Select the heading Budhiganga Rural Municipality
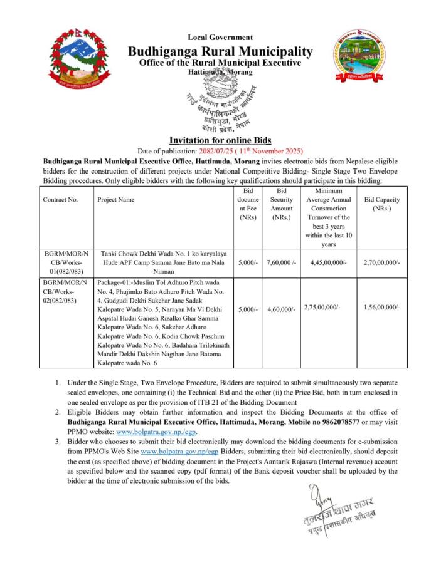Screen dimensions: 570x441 [220, 51]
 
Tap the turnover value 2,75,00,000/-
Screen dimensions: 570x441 [322, 307]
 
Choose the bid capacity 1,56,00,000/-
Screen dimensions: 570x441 [381, 307]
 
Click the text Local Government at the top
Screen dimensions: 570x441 [220, 38]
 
